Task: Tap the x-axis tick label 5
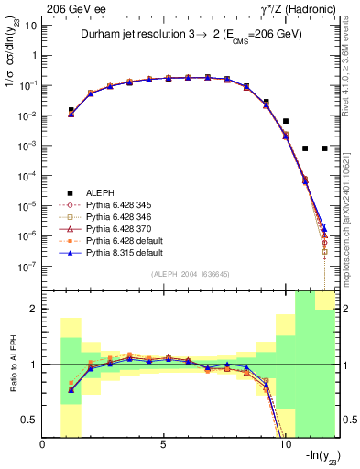click(164, 444)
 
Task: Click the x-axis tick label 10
click(284, 444)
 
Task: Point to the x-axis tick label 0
click(43, 444)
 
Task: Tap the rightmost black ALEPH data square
click(325, 147)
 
